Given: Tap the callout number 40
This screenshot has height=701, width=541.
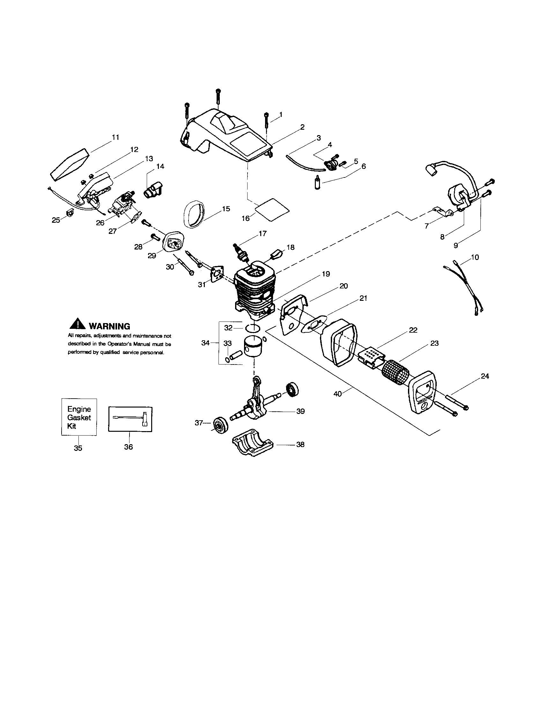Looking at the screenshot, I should click(337, 394).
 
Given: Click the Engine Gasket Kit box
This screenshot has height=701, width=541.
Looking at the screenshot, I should click(79, 417).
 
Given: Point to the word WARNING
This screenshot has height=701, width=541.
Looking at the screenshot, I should click(109, 326).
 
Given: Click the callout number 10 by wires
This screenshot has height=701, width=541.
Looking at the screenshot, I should click(475, 257).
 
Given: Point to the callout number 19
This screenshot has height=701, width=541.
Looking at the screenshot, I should click(326, 274).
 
